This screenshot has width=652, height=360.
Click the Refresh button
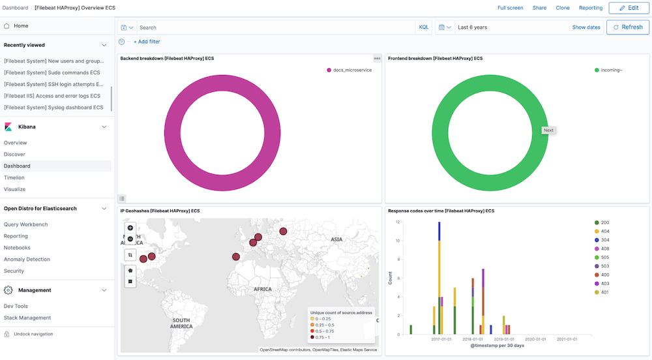[x=628, y=27]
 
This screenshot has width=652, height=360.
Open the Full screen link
[x=510, y=8]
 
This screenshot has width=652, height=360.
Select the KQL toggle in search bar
[x=424, y=27]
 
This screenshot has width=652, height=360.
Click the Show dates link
[x=586, y=27]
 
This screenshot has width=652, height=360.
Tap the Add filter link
[x=147, y=42]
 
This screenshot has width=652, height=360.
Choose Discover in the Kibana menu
[x=14, y=155]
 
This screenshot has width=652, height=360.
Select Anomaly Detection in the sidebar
[x=27, y=260]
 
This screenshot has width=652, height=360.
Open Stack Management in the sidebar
[x=27, y=318]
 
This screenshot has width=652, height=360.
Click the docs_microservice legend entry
[x=352, y=70]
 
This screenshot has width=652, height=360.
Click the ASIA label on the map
[x=336, y=239]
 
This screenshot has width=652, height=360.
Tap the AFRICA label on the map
[x=263, y=288]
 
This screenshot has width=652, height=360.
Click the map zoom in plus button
[x=130, y=228]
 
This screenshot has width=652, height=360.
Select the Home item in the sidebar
[x=21, y=26]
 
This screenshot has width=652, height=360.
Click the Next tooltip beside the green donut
[x=548, y=130]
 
